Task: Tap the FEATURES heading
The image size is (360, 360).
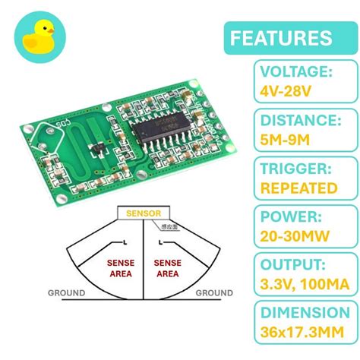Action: coord(280,38)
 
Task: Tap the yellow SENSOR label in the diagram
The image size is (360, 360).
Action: coord(144,214)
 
